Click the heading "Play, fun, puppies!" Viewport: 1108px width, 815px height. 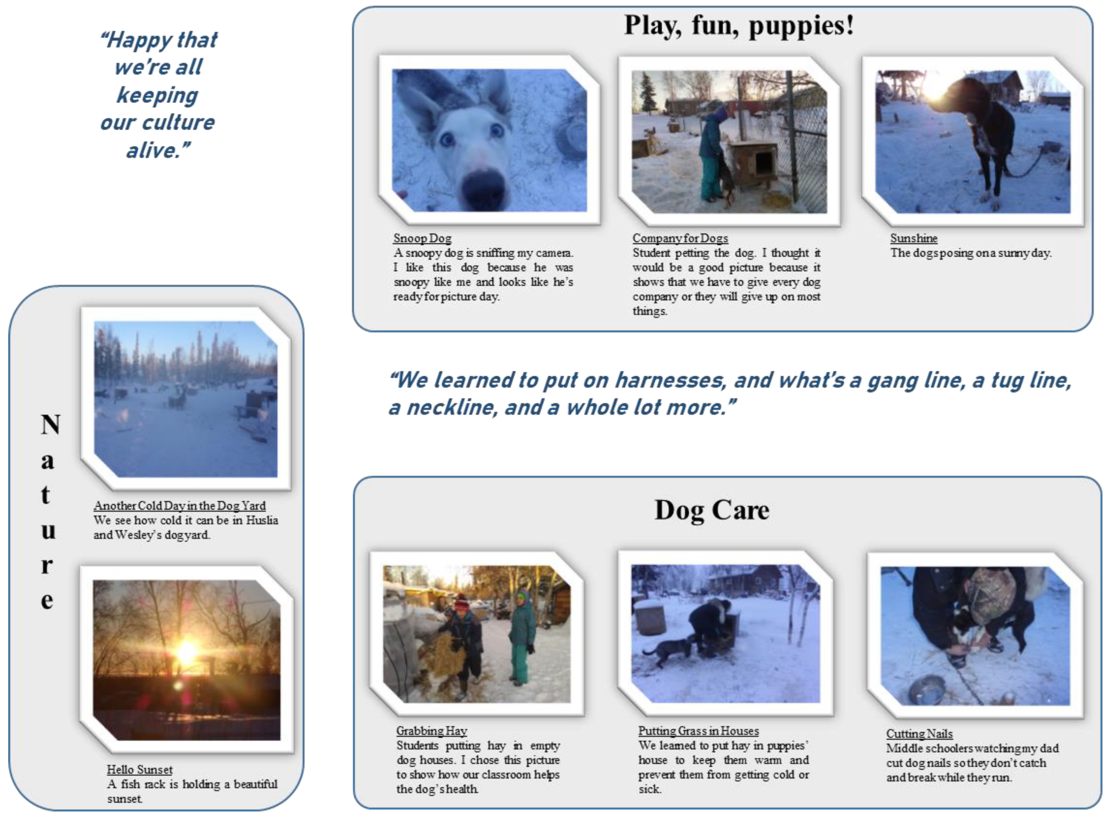point(739,26)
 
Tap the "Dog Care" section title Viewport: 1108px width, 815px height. point(712,510)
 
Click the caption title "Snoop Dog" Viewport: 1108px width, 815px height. point(422,238)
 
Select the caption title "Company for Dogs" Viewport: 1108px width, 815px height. point(680,238)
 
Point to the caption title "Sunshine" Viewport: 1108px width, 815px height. point(913,238)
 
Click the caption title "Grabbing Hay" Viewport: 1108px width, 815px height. point(431,731)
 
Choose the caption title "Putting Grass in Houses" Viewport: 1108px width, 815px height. point(698,731)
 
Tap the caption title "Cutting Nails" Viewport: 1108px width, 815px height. point(919,733)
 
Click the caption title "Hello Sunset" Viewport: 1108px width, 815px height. point(140,770)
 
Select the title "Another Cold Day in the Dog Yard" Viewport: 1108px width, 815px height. point(180,506)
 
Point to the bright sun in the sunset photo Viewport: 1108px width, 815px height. point(186,653)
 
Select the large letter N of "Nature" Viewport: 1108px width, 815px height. point(50,424)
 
